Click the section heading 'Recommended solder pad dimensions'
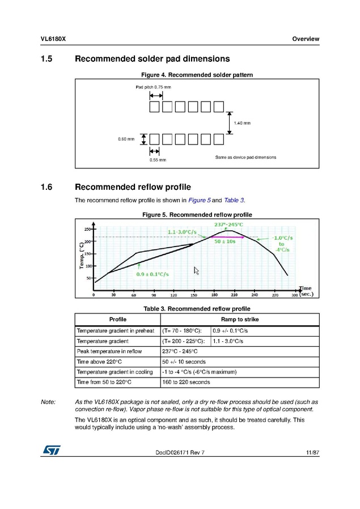coord(152,59)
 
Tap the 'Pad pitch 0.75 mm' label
coord(153,87)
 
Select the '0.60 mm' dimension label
coord(126,139)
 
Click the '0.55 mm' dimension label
coord(158,160)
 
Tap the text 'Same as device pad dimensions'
coord(245,157)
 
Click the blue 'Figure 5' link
coord(200,200)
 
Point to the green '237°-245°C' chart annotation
coord(228,225)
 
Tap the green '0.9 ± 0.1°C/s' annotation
coord(153,274)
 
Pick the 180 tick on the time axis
coord(214,295)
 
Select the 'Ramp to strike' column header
coord(239,320)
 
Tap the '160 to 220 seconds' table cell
coord(186,382)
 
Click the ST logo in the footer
coord(51,449)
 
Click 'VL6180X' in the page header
coord(54,39)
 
